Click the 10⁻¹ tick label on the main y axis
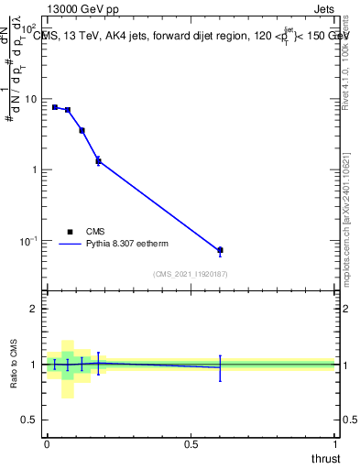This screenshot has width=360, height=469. pyautogui.click(x=27, y=241)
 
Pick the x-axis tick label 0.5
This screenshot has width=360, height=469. pyautogui.click(x=191, y=443)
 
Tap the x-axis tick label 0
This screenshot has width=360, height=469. pyautogui.click(x=47, y=443)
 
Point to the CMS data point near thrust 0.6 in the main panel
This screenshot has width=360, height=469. pyautogui.click(x=220, y=250)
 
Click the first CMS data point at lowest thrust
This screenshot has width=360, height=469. pyautogui.click(x=55, y=107)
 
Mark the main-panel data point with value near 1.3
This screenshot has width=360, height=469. pyautogui.click(x=98, y=161)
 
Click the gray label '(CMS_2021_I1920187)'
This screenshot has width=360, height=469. pyautogui.click(x=191, y=273)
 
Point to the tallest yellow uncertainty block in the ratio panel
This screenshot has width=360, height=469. pyautogui.click(x=68, y=369)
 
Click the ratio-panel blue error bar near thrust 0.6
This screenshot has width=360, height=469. pyautogui.click(x=220, y=367)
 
